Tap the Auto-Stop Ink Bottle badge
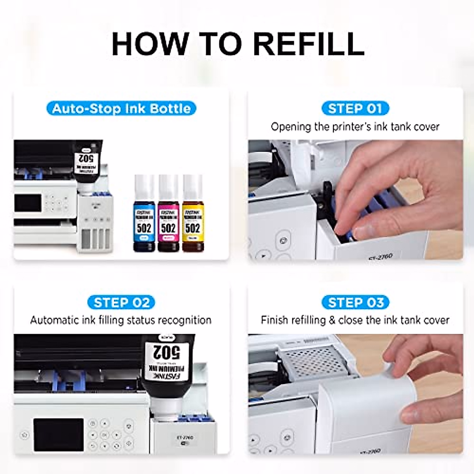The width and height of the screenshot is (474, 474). pyautogui.click(x=121, y=108)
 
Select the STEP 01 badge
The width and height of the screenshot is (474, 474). pyautogui.click(x=355, y=108)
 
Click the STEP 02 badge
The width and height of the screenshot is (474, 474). pyautogui.click(x=121, y=303)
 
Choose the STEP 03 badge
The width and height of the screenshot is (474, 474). pyautogui.click(x=355, y=303)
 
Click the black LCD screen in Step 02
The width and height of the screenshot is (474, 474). pyautogui.click(x=58, y=434)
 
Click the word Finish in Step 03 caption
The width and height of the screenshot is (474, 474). pyautogui.click(x=274, y=320)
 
